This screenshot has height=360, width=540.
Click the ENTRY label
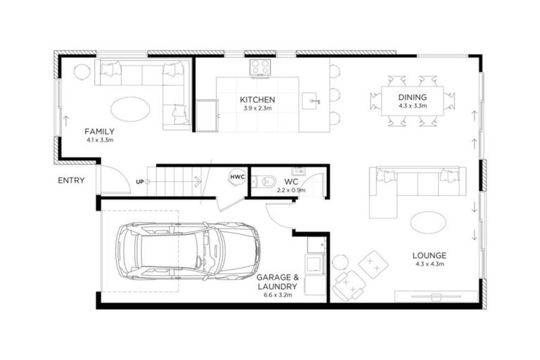(x=72, y=181)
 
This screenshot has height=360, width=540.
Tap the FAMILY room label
(x=99, y=131)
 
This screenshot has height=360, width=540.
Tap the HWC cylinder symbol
(x=238, y=177)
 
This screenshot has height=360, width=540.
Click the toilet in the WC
(x=264, y=182)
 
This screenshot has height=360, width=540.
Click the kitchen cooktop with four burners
(x=260, y=67)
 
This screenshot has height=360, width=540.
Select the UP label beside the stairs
(x=139, y=183)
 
